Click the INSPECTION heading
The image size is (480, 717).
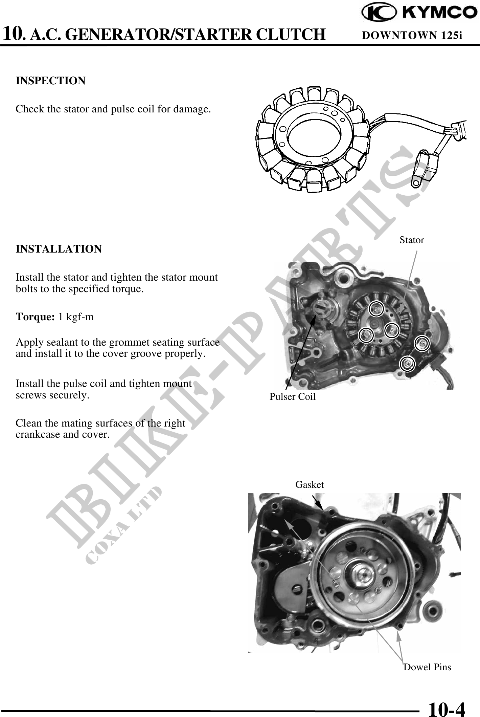pos(51,81)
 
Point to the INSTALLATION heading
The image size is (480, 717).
pos(59,249)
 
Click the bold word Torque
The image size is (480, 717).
pos(35,317)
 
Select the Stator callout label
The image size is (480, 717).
pos(411,240)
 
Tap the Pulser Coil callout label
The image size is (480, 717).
pos(292,397)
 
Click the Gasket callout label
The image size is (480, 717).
pos(310,485)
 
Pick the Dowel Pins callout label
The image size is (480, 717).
pos(427,667)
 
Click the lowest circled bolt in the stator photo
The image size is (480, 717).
pos(407,364)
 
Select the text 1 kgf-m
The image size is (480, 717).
pos(76,317)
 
